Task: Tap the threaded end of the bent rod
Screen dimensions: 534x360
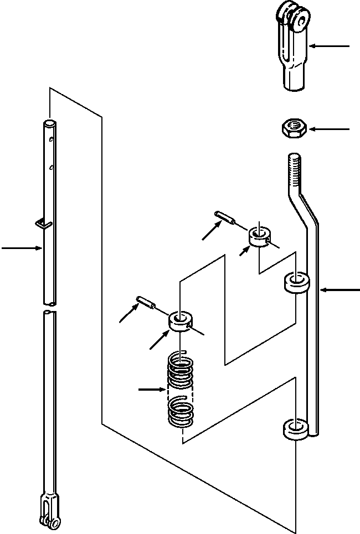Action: coord(294,172)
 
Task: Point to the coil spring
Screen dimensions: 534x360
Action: coord(181,390)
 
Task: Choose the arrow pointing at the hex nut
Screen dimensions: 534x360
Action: coord(330,129)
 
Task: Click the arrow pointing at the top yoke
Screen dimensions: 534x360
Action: coord(330,46)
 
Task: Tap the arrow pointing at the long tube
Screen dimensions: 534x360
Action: coord(22,248)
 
